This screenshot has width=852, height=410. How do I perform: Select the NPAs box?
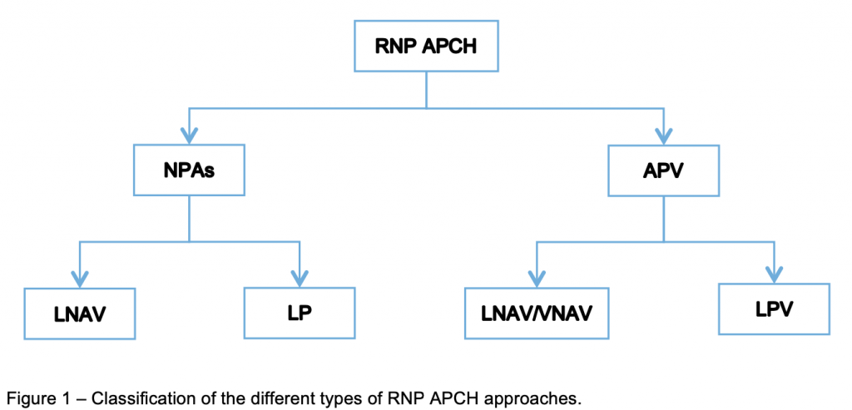(189, 171)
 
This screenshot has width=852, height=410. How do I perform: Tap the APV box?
(662, 171)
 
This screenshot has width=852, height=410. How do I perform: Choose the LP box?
(299, 313)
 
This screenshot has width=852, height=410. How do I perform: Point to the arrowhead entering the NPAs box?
(190, 136)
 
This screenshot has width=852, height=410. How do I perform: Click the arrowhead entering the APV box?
(663, 136)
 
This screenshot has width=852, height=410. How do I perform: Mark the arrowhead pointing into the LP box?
(299, 277)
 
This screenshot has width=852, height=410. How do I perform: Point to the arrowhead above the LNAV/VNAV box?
(537, 278)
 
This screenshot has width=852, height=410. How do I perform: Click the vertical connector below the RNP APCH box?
(426, 90)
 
